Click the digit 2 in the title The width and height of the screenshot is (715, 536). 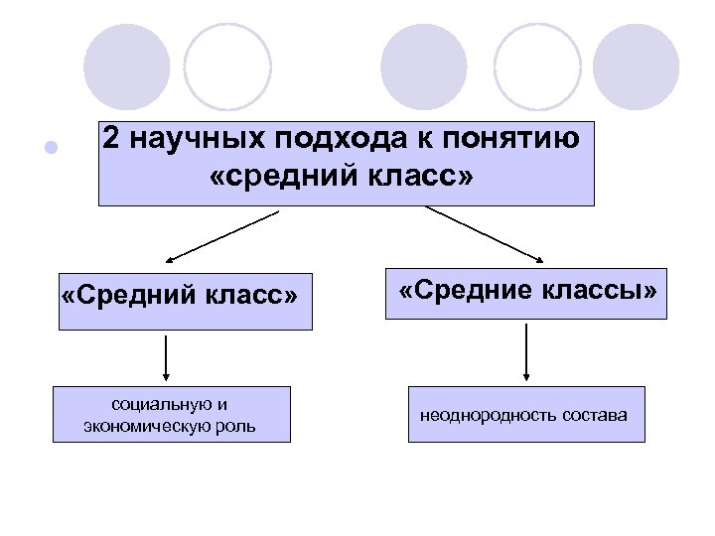(x=112, y=141)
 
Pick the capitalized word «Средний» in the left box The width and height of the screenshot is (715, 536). (x=131, y=296)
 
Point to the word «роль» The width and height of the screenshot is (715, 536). (x=238, y=427)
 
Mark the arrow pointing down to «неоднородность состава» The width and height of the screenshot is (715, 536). (x=526, y=352)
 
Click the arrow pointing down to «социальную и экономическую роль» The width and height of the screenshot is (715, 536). (x=166, y=357)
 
